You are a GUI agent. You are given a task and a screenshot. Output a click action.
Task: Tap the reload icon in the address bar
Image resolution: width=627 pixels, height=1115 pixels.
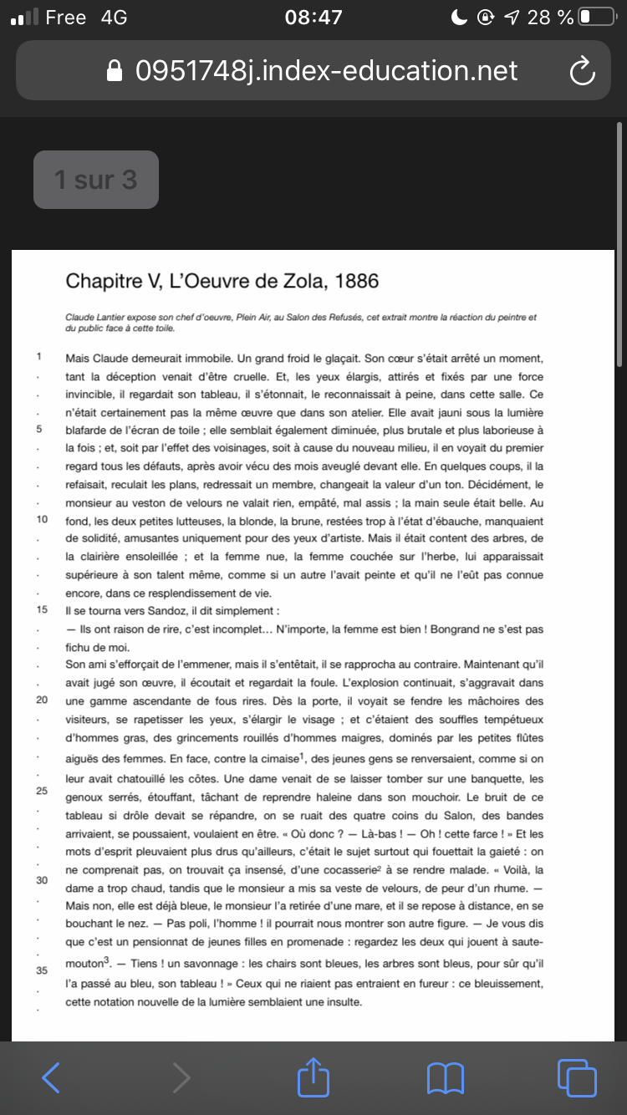(x=582, y=71)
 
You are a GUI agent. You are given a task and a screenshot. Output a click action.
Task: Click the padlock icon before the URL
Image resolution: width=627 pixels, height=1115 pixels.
(x=115, y=71)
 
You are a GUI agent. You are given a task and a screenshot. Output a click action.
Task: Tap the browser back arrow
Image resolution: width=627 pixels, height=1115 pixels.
(x=51, y=1077)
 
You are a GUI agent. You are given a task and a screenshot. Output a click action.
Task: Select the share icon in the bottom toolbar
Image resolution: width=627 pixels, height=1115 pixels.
(x=313, y=1077)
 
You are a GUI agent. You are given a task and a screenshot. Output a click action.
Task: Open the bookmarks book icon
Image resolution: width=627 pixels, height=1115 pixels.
(x=445, y=1077)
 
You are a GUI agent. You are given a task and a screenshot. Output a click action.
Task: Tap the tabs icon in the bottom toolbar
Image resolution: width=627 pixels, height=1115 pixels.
(x=576, y=1077)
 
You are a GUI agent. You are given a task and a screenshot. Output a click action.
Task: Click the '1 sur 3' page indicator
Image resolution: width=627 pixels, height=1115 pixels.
(x=96, y=180)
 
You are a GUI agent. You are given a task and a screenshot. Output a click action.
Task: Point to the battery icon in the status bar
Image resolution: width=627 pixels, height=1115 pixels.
(x=595, y=17)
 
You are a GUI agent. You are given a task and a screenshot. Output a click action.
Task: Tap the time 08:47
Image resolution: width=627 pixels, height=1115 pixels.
(x=313, y=17)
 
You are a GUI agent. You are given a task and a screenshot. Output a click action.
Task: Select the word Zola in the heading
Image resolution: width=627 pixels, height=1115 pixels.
(x=302, y=281)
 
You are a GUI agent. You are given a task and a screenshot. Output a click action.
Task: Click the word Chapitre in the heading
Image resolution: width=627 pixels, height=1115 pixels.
(x=103, y=281)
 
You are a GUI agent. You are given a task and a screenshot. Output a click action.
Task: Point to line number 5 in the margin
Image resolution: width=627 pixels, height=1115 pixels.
(x=38, y=429)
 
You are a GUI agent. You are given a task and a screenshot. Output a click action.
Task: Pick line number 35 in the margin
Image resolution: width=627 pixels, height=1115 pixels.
(x=41, y=970)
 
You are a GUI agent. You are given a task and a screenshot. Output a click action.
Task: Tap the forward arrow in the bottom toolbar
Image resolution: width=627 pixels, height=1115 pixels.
(x=181, y=1077)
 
